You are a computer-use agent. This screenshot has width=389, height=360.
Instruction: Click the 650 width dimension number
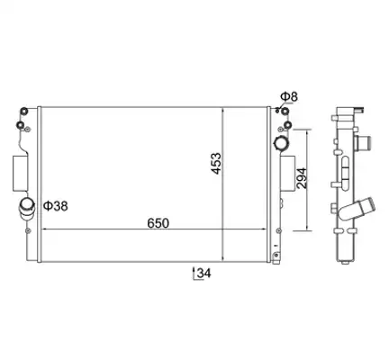(x=158, y=223)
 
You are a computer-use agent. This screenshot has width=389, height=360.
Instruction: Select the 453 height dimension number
(x=216, y=164)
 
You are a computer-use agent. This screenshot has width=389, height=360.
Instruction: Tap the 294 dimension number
(x=302, y=178)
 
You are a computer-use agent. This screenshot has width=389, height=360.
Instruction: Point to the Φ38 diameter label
(x=56, y=206)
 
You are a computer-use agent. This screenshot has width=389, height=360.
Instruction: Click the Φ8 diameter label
(x=289, y=96)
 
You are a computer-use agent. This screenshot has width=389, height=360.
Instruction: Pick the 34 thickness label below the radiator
(x=204, y=273)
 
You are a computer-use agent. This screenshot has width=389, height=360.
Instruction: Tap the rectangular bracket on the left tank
(x=20, y=173)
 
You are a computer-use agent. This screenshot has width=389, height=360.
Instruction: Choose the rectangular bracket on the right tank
(x=287, y=174)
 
